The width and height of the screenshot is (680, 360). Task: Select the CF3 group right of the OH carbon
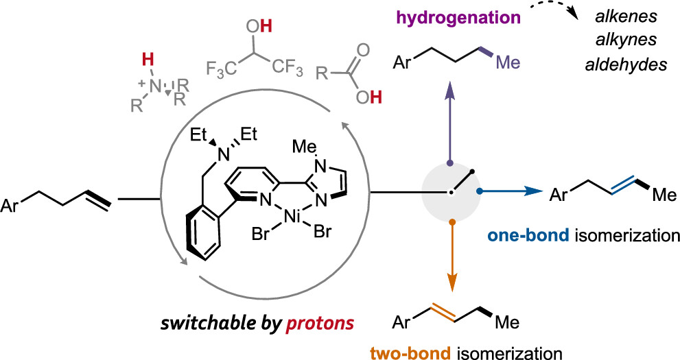tap(280, 69)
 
